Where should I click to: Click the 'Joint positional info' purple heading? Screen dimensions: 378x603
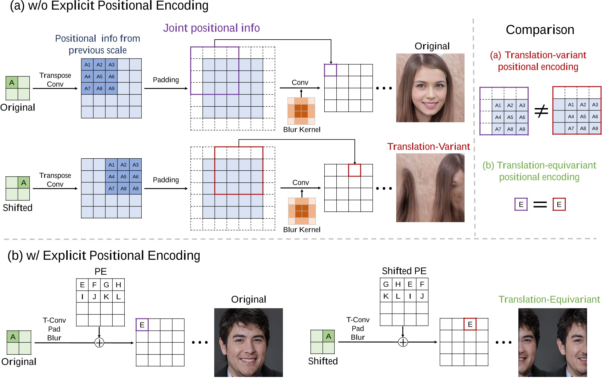click(x=211, y=28)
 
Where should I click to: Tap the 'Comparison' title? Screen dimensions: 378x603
click(x=540, y=30)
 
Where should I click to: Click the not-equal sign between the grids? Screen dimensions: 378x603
click(x=541, y=111)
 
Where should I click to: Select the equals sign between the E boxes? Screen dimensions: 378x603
click(x=540, y=204)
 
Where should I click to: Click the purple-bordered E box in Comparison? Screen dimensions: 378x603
click(x=521, y=204)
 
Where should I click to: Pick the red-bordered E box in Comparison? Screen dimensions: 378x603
click(x=559, y=204)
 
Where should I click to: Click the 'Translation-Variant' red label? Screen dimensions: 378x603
click(x=428, y=147)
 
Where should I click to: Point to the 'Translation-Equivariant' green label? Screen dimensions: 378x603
click(x=549, y=300)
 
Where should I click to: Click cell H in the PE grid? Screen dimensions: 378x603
click(x=118, y=285)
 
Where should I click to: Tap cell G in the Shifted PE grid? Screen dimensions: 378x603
click(x=386, y=284)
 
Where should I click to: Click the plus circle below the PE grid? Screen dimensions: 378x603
click(x=99, y=343)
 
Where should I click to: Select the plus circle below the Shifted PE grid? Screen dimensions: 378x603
click(x=403, y=342)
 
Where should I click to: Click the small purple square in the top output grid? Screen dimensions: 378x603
click(x=330, y=70)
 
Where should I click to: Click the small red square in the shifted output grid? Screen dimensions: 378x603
click(x=354, y=170)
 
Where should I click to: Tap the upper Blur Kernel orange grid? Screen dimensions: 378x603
click(x=301, y=111)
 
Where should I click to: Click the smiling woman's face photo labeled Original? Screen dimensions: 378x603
click(x=430, y=88)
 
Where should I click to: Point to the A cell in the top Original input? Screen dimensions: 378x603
click(x=12, y=83)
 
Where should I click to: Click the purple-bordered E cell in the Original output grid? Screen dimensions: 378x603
click(x=142, y=325)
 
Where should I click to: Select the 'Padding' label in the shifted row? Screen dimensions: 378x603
click(x=166, y=180)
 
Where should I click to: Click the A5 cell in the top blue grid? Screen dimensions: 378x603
click(x=99, y=77)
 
